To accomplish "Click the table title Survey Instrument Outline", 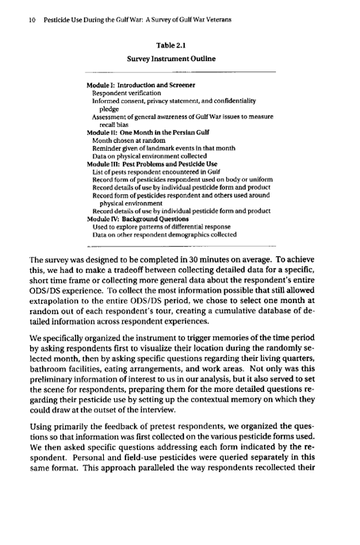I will [x=179, y=59].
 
